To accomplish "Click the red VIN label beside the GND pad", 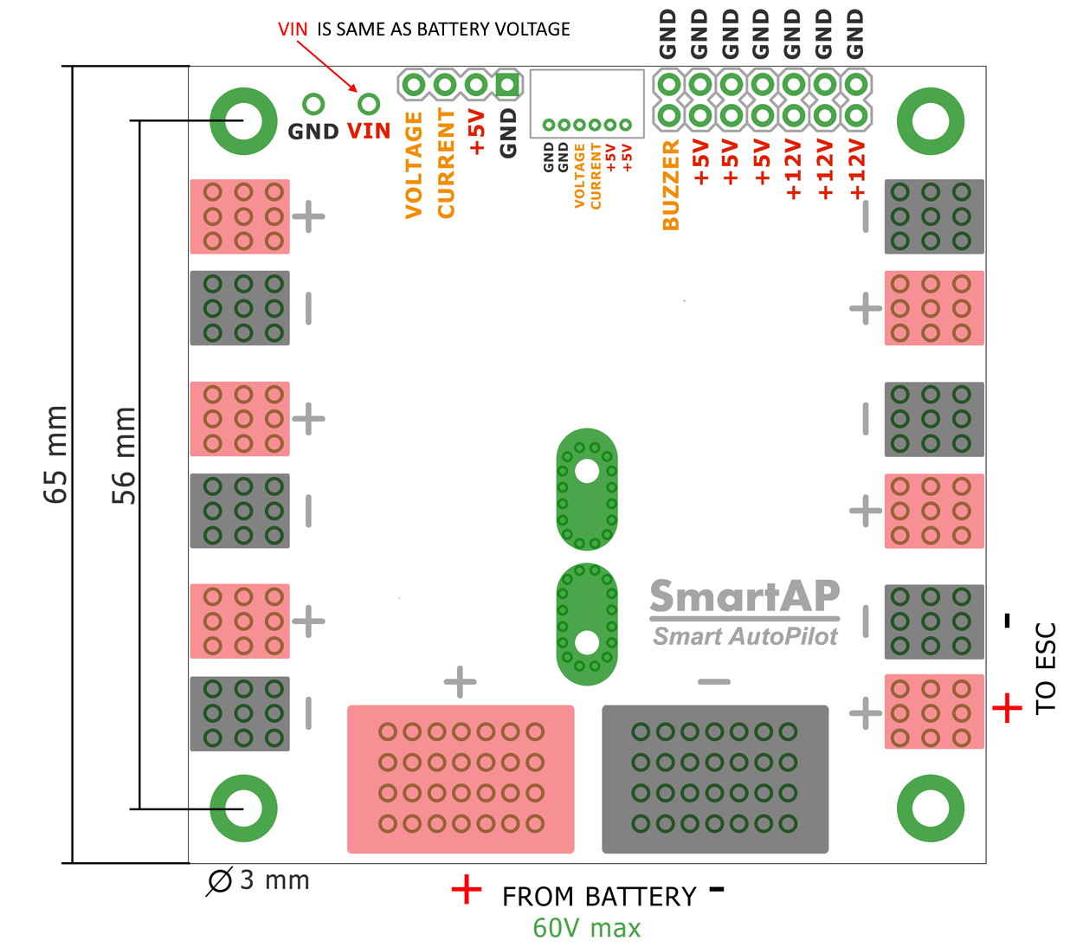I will coord(369,131).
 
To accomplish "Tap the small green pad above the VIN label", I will coord(369,104).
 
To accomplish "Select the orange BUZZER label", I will coord(671,185).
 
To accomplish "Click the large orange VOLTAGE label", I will coord(414,164).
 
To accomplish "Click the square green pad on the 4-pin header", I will coord(507,85).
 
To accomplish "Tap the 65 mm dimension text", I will coord(55,454).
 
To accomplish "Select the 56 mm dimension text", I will coord(124,455).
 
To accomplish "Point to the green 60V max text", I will coord(587,928).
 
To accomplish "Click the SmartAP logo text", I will coord(744,596).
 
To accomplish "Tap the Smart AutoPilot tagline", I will coord(744,637).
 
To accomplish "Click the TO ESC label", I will coord(1046,667).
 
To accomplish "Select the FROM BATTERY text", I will coord(599,897).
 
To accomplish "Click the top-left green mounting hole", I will coord(243,121).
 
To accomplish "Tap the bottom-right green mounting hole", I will coord(931,808).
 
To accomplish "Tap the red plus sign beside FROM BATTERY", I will coord(467,890).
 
